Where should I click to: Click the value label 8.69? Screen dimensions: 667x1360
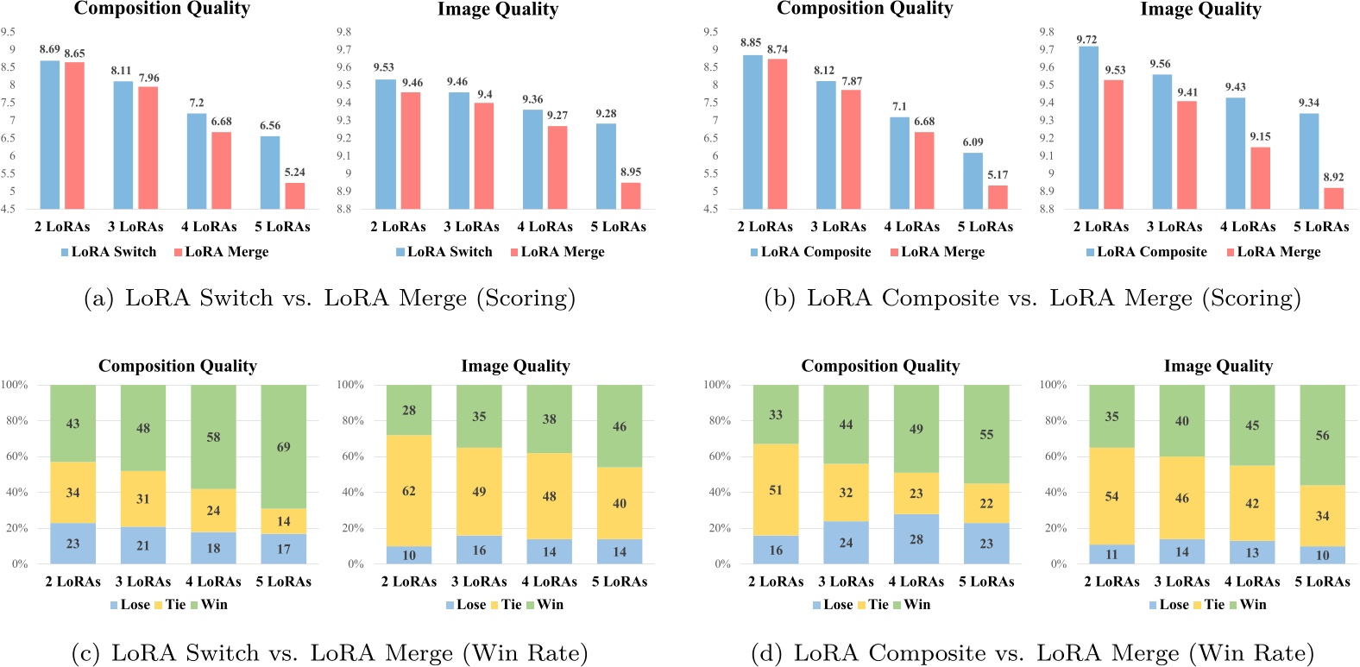[x=50, y=49]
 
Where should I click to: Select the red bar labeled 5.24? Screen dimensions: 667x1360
[x=295, y=196]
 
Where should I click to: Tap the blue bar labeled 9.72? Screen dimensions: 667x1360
[x=1088, y=127]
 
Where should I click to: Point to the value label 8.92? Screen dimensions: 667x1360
[x=1333, y=177]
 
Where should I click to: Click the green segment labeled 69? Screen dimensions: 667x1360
[x=284, y=446]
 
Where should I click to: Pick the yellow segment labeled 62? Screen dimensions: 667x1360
[x=409, y=490]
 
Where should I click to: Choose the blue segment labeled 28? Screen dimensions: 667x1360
[x=916, y=538]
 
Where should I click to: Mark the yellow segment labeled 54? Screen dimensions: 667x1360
[x=1111, y=495]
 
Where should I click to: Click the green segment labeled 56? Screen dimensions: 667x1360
[x=1322, y=435]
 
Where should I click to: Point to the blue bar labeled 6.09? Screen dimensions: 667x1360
[x=973, y=180]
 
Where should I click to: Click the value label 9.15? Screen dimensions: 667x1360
[x=1260, y=136]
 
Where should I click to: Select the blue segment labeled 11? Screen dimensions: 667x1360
[x=1111, y=554]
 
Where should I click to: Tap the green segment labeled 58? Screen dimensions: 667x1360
[x=213, y=437]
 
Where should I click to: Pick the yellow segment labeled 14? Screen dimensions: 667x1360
[x=284, y=521]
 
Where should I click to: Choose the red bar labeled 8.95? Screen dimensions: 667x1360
[x=631, y=195]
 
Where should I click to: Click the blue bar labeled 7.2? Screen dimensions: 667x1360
[x=197, y=160]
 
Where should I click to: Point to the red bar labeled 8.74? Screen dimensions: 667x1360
[x=778, y=134]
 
